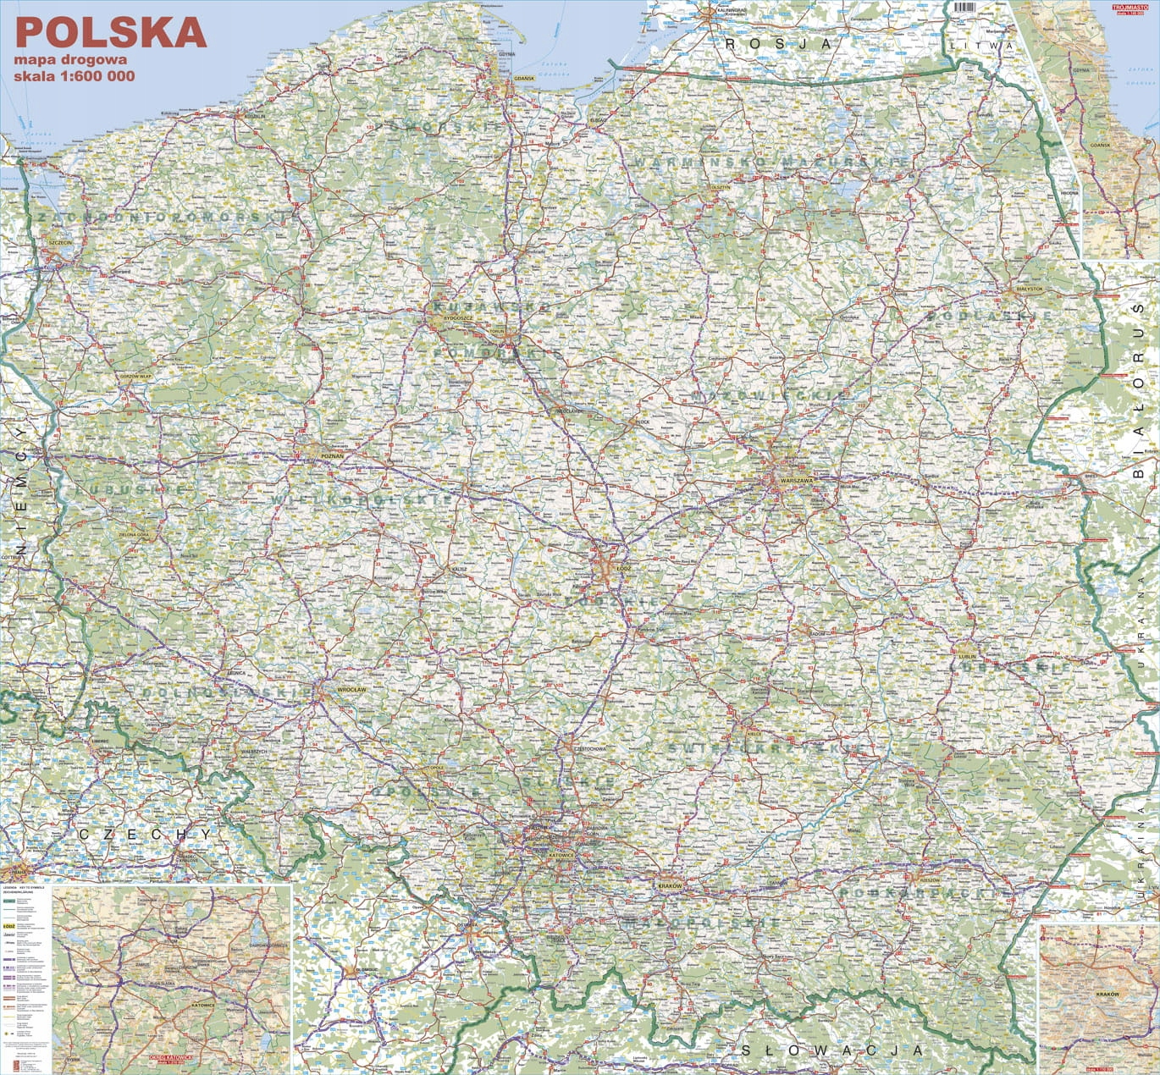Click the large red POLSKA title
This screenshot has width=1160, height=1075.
click(x=111, y=32)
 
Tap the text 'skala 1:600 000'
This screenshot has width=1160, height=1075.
click(x=75, y=75)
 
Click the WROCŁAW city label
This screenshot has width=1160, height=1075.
click(x=351, y=690)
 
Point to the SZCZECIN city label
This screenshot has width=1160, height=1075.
click(x=62, y=243)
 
